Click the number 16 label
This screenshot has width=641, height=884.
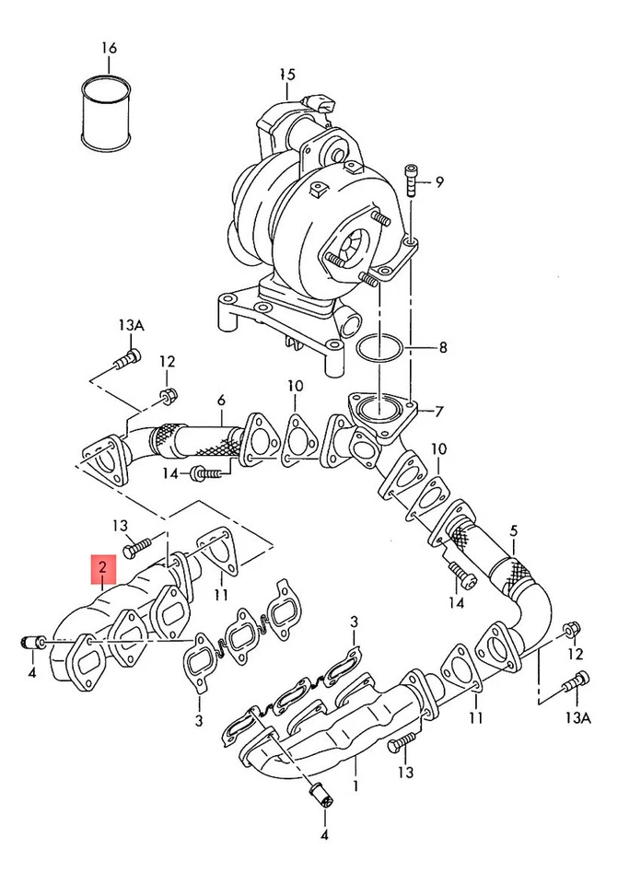(x=109, y=48)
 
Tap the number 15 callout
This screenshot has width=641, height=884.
(x=287, y=74)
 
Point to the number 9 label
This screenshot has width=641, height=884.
(x=439, y=182)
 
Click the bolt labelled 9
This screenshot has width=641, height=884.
(x=411, y=181)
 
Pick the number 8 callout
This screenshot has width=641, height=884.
(x=442, y=348)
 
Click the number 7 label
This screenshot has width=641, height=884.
(x=439, y=412)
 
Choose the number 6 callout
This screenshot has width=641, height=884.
(x=221, y=401)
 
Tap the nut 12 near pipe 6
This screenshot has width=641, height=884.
(x=168, y=397)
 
